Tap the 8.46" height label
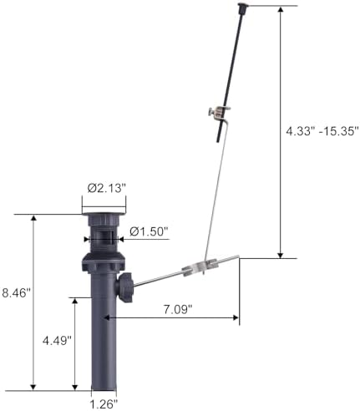click(17, 293)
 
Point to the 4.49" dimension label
click(58, 341)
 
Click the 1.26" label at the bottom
click(104, 403)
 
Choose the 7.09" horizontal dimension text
click(175, 308)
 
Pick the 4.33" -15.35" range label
click(319, 131)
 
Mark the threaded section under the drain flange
click(104, 237)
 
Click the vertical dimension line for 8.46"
click(33, 301)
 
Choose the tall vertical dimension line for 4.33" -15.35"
click(281, 131)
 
